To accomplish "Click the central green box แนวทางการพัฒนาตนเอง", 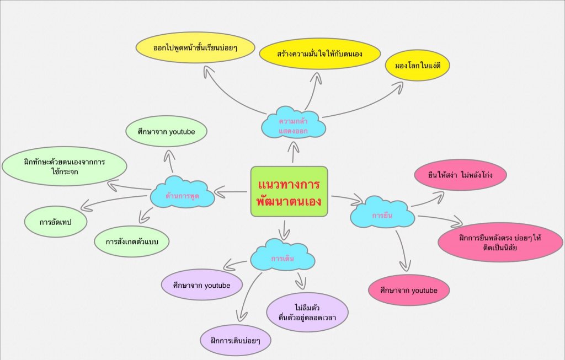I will point(289,191).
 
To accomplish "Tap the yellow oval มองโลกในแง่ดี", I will point(418,66).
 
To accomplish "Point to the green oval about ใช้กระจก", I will point(64,166).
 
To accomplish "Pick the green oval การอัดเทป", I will point(56,222).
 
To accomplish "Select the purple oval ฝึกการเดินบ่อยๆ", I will point(236,340).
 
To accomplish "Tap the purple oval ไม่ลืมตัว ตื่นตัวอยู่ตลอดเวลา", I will point(308,313).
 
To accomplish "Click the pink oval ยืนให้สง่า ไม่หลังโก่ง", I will point(460,175).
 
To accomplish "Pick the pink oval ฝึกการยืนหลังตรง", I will point(500,242).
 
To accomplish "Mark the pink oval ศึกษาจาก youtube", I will point(409,290).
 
